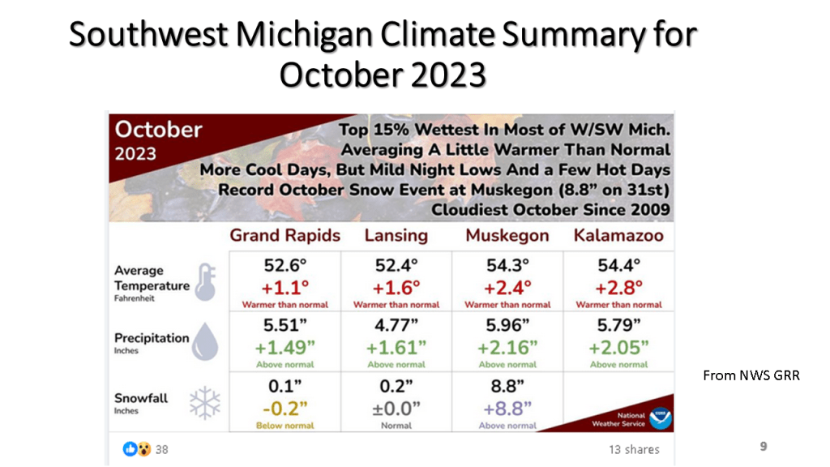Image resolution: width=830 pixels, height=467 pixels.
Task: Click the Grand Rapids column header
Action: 285,236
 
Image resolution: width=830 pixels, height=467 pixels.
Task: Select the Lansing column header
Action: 396,236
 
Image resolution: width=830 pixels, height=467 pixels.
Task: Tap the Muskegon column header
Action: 507,236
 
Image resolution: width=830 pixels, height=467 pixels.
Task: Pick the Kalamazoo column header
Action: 618,236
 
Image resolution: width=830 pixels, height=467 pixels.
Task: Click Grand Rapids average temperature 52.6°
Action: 285,265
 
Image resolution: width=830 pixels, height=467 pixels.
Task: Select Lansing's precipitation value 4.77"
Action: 396,326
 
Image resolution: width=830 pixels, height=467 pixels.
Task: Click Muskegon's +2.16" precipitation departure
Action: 507,347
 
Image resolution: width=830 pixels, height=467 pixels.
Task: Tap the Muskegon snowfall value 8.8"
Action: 507,387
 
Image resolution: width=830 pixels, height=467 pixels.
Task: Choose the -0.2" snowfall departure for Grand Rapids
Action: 285,407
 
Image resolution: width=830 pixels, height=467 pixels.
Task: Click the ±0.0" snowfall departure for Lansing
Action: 396,407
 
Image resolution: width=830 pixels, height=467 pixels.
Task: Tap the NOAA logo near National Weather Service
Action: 661,418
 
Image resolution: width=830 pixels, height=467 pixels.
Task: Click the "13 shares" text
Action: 634,449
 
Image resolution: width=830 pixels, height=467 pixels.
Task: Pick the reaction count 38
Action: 161,449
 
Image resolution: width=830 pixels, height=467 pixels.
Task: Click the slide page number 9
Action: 763,446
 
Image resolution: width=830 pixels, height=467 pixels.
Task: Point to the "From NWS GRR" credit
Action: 751,376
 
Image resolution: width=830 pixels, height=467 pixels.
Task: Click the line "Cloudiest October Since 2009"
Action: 550,210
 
